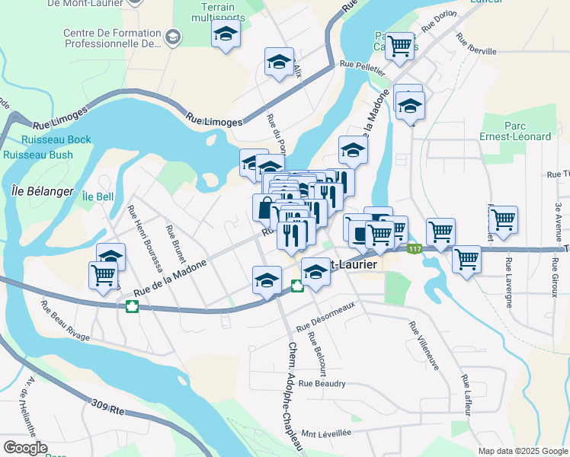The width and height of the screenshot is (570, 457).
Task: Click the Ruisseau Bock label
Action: tap(56, 139)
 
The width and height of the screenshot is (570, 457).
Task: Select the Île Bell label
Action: tap(98, 197)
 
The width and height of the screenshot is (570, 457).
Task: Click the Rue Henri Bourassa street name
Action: tap(146, 240)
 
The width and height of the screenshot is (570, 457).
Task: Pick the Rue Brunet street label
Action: tap(176, 243)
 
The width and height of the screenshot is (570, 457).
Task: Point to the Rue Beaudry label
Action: tap(322, 384)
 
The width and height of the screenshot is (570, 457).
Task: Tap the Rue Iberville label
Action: tap(476, 43)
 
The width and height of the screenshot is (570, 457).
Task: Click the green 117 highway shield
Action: tap(414, 249)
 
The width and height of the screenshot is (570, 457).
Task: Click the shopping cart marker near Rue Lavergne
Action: tap(503, 219)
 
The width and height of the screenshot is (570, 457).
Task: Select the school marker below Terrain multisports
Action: tap(226, 34)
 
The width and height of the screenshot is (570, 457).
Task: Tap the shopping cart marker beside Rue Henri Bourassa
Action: tap(103, 275)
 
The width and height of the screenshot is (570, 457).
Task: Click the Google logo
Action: tap(25, 448)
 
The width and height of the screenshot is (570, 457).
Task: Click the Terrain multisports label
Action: tap(218, 12)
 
